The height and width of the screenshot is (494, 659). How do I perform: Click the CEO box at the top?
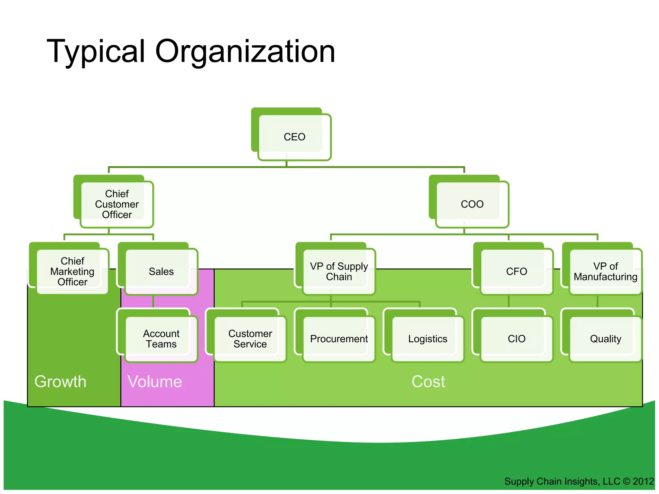(294, 137)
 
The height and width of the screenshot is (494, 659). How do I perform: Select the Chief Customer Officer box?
(117, 204)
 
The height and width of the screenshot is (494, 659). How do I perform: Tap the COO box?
(472, 204)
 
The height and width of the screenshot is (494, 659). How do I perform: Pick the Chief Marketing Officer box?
(72, 271)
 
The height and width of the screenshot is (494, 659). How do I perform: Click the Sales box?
(161, 271)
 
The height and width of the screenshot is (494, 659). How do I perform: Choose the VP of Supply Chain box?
(339, 271)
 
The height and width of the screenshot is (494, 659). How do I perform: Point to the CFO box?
(516, 271)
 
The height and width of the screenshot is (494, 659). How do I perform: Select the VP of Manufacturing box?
(605, 271)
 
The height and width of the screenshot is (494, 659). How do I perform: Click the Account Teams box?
(161, 339)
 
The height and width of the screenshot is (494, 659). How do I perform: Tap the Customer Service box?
(250, 339)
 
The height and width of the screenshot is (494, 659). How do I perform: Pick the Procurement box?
(339, 339)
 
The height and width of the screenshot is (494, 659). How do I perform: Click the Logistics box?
(428, 339)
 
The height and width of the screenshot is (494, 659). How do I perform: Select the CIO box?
(516, 339)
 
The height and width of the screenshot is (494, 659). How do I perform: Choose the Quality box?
(605, 339)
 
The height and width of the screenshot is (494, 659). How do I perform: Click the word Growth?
(60, 382)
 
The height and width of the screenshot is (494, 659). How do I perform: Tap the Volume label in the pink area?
(155, 382)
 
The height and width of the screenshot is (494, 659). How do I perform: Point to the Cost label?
(428, 382)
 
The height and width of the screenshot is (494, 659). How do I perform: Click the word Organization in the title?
(245, 51)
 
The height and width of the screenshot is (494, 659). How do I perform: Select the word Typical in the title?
(96, 51)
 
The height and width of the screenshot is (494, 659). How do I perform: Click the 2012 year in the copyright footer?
(643, 481)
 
